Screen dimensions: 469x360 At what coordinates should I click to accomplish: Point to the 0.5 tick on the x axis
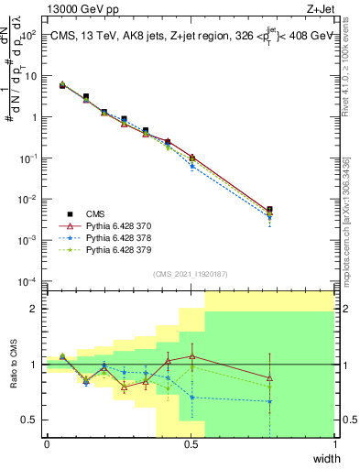191,444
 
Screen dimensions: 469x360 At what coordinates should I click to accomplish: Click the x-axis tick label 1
334,444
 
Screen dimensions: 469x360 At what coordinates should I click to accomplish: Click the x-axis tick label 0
47,444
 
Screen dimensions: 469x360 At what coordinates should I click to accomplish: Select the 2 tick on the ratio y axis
34,309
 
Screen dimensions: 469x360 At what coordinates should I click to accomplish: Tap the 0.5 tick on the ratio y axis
31,420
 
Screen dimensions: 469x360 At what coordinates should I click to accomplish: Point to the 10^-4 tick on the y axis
27,280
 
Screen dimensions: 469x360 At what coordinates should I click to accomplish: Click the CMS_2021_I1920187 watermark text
191,274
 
